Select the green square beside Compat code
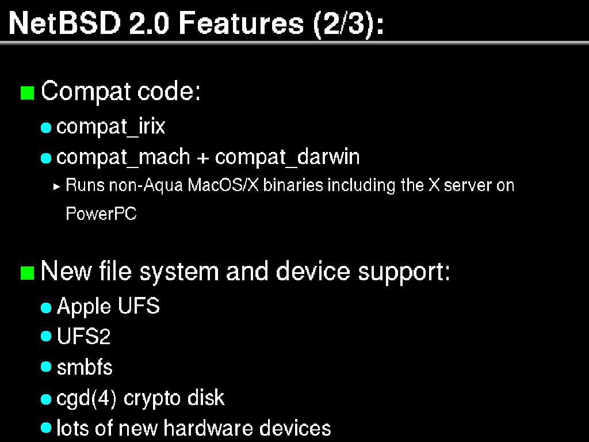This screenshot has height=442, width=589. pyautogui.click(x=27, y=93)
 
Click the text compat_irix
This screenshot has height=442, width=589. pyautogui.click(x=111, y=127)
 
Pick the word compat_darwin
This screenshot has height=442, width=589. pyautogui.click(x=287, y=157)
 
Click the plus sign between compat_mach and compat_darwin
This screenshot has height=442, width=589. pyautogui.click(x=202, y=157)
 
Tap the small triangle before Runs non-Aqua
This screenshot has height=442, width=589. pyautogui.click(x=56, y=186)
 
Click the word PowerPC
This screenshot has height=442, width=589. pyautogui.click(x=101, y=214)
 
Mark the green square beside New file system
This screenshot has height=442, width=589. pyautogui.click(x=27, y=272)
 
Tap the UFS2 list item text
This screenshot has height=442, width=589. pyautogui.click(x=83, y=337)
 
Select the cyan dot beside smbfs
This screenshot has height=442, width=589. pyautogui.click(x=47, y=367)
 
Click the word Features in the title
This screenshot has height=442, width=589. pyautogui.click(x=241, y=24)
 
